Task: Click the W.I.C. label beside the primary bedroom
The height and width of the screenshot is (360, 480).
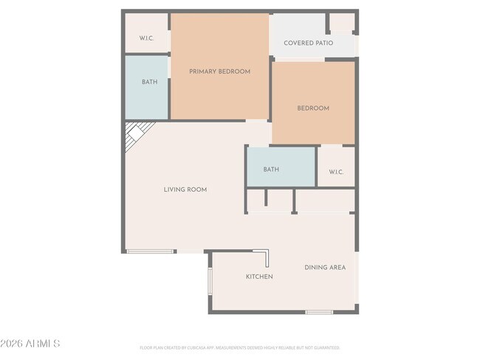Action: point(146,38)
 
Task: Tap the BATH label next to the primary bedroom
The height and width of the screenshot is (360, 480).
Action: point(149,82)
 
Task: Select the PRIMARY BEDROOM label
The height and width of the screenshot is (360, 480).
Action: point(219,72)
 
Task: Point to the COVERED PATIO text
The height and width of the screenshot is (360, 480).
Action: point(308,43)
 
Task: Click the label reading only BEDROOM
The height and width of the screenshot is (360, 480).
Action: point(313,108)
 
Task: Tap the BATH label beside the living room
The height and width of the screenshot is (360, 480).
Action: point(271,170)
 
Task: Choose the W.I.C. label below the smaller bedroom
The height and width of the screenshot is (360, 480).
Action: point(336,172)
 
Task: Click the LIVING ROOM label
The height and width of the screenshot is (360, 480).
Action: point(185,190)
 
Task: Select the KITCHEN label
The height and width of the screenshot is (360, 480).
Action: point(259,277)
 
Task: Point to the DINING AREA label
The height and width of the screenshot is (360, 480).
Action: point(325,267)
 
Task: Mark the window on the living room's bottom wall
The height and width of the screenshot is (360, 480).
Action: point(151,252)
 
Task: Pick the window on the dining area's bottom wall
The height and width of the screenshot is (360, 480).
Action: point(319,312)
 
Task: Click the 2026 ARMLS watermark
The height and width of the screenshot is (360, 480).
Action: point(31,344)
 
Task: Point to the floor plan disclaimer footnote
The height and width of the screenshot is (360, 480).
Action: point(239,347)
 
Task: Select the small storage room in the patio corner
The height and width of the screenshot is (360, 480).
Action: point(342,22)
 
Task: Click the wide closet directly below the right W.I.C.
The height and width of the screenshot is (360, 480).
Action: point(325,201)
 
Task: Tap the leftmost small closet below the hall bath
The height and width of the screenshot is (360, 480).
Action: point(256,201)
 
